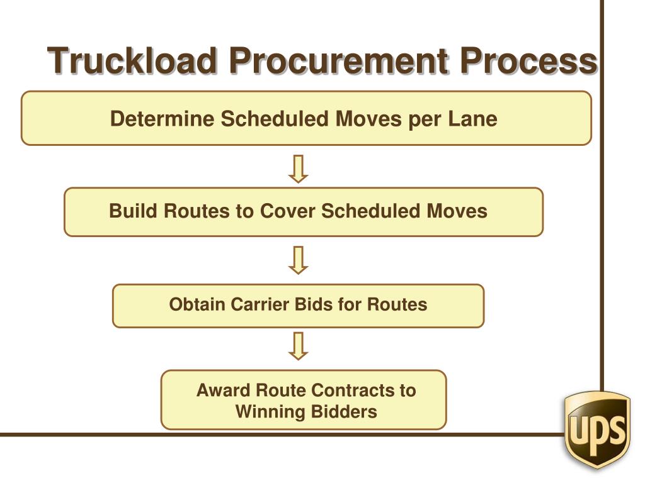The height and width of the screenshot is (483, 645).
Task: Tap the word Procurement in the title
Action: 338,62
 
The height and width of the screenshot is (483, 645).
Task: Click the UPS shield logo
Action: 597,429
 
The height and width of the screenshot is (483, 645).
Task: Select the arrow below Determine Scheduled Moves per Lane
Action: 299,169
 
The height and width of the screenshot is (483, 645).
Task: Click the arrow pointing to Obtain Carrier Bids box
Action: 299,260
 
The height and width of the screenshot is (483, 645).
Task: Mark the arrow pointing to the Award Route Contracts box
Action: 299,346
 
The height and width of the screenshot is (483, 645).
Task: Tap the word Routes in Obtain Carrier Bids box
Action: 397,305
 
